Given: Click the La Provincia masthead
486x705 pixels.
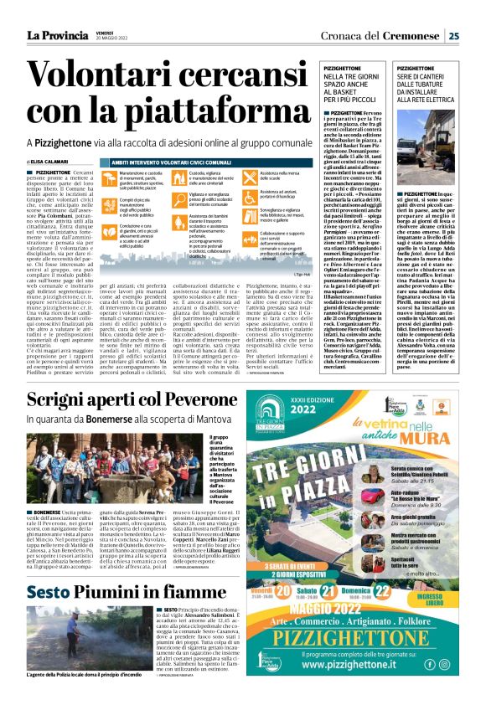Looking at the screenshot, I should click(x=52, y=34).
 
